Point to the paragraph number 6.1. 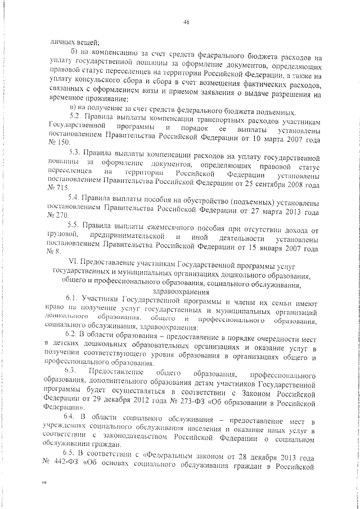[71, 301]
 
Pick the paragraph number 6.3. [71, 374]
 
